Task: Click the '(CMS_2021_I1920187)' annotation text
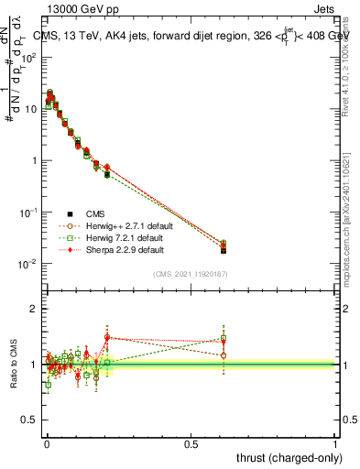tap(191, 273)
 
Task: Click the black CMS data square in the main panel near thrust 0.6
tap(224, 250)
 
